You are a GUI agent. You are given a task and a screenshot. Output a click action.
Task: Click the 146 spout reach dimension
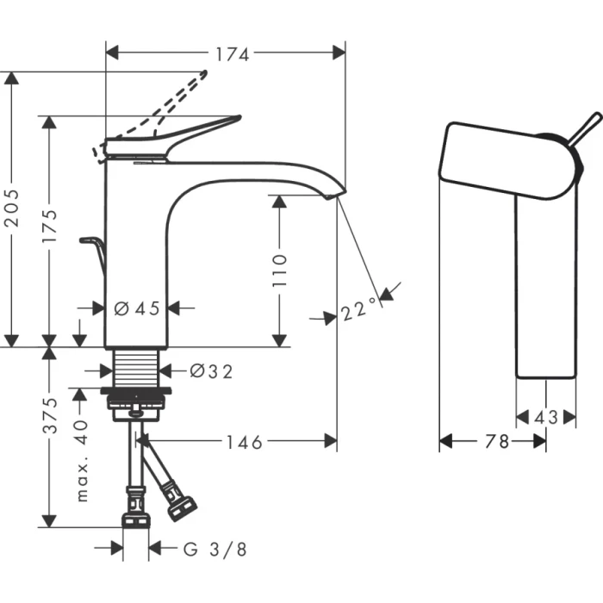pyautogui.click(x=245, y=441)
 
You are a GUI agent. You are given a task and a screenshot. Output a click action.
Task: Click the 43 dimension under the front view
pyautogui.click(x=545, y=417)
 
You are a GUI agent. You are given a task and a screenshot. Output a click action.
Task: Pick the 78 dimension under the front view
pyautogui.click(x=492, y=441)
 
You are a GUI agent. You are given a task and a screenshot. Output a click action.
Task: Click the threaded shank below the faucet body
pyautogui.click(x=138, y=368)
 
